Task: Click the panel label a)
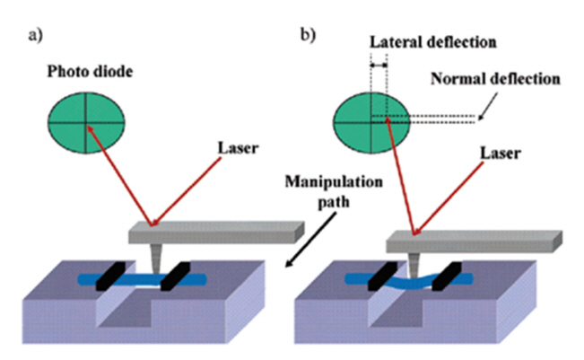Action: (x=35, y=36)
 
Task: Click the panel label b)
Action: (x=308, y=36)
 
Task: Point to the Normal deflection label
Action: (x=494, y=77)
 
